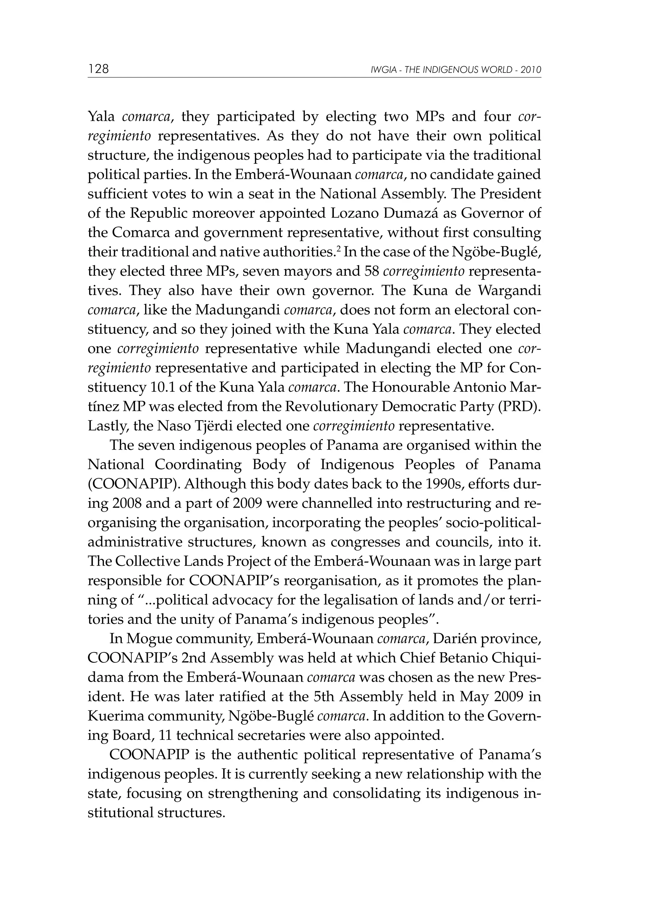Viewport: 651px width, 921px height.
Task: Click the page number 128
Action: click(x=98, y=69)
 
